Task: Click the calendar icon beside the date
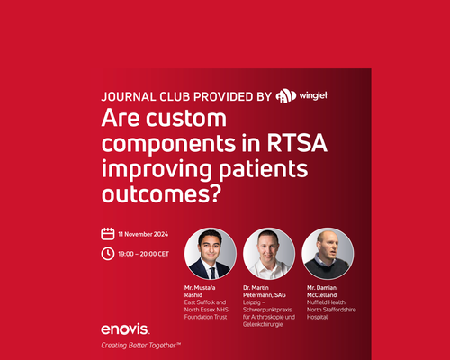point(108,234)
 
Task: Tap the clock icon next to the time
point(108,254)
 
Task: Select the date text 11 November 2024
point(143,234)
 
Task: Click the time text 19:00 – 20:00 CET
point(143,254)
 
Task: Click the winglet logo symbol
point(286,96)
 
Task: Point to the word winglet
point(313,95)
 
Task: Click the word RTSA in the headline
point(297,143)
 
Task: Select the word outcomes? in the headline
point(161,194)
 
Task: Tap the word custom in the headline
point(186,118)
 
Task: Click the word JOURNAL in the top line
point(129,97)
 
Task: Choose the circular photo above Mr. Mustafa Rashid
point(211,254)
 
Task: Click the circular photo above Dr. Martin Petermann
point(269,254)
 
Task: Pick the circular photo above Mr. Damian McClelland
point(328,254)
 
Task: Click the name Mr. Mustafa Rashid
point(200,292)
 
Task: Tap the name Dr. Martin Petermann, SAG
point(265,292)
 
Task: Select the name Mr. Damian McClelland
point(321,292)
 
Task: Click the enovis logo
point(125,329)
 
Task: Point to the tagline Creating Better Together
point(140,346)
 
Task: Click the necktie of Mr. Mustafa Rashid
point(213,273)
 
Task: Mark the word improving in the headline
point(157,170)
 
